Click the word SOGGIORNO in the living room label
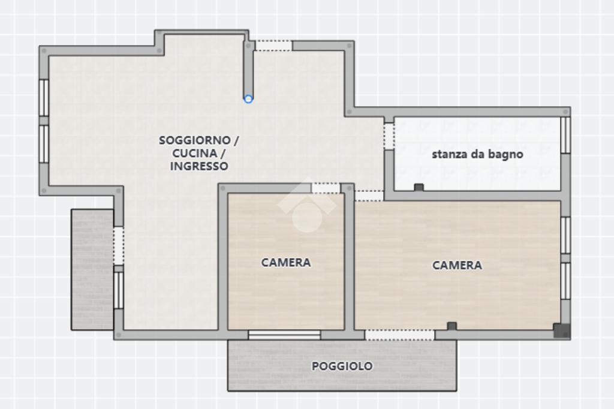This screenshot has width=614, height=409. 195,140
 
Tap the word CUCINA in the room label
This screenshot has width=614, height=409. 195,153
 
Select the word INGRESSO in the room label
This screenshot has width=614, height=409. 199,166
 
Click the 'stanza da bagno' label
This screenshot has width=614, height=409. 477,154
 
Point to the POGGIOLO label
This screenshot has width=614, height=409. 342,366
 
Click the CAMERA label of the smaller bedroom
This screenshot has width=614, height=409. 286,263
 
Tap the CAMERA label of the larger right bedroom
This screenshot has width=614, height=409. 457,265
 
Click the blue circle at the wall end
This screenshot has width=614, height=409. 248,99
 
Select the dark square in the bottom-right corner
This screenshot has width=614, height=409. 561,330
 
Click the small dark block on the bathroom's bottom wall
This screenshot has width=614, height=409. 419,187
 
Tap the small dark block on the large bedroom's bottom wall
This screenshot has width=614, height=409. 452,326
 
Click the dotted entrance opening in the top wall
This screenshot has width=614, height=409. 273,46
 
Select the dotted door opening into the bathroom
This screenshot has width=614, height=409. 389,136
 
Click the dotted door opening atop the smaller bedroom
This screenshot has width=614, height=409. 326,188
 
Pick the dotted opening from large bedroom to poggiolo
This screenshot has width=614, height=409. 399,335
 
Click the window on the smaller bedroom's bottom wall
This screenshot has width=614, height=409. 284,335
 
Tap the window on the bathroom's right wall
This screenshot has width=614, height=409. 565,135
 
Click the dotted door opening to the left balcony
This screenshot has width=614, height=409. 119,246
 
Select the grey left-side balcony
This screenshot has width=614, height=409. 92,269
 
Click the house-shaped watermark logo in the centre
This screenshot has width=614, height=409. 307,205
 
